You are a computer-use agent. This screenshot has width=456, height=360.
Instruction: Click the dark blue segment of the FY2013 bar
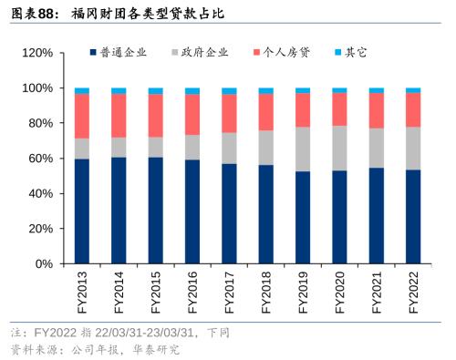[x=82, y=211]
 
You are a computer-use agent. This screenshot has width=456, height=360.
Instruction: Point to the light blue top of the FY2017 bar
[x=229, y=91]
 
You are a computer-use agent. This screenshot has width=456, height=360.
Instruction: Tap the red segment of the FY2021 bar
[x=376, y=110]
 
